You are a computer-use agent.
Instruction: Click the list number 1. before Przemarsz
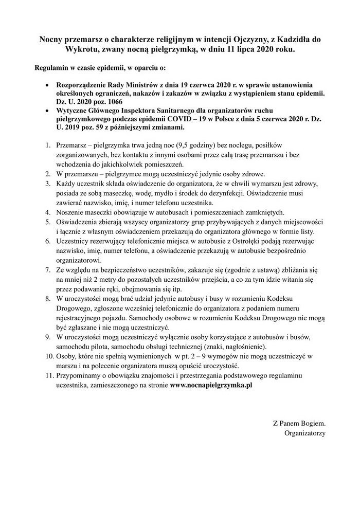[47, 146]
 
